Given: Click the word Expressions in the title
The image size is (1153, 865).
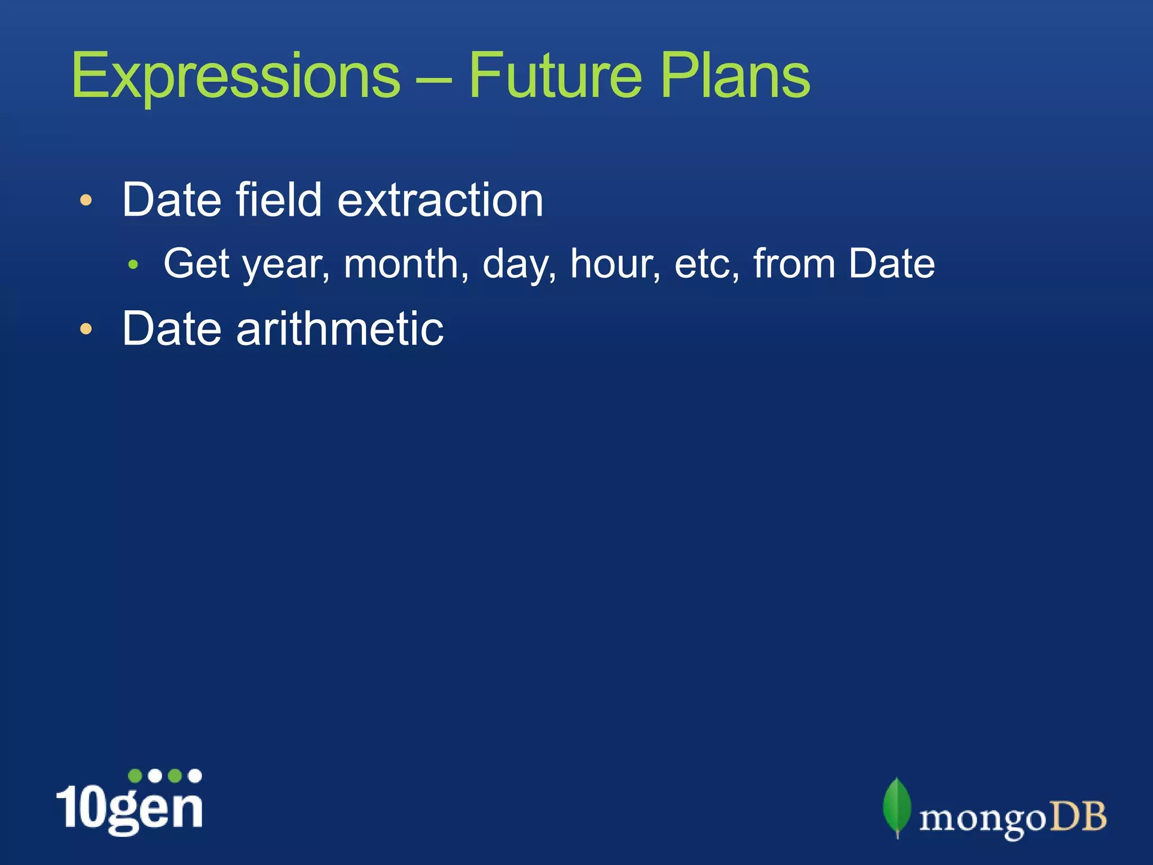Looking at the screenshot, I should click(235, 76).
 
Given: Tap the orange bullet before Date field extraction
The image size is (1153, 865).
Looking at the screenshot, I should click(86, 200).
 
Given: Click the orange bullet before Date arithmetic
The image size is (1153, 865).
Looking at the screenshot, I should click(86, 329).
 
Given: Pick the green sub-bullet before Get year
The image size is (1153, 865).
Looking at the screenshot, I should click(133, 264).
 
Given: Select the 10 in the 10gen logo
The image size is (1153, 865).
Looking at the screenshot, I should click(82, 806).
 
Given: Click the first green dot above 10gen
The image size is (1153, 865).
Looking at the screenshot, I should click(135, 776).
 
